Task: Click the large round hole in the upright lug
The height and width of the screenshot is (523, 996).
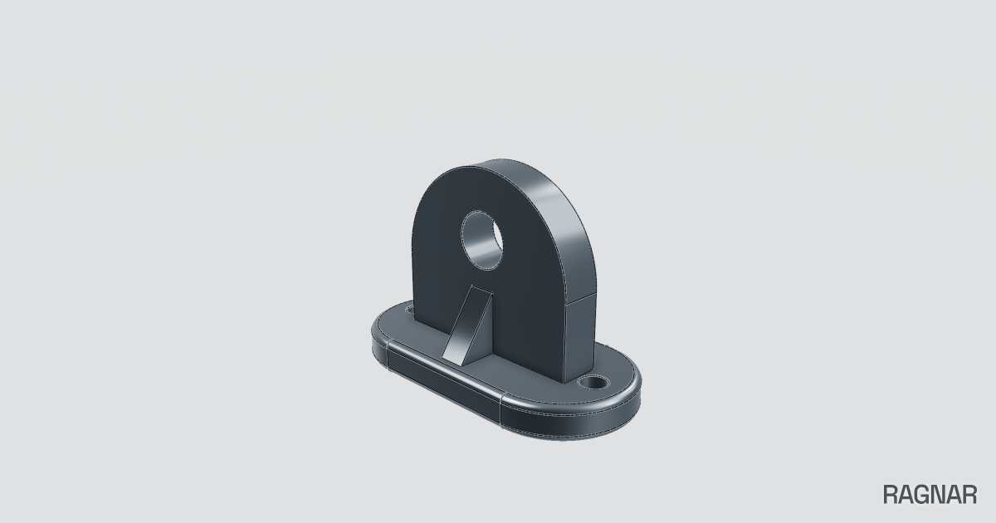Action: click(482, 240)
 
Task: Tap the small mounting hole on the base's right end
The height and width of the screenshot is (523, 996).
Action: click(593, 382)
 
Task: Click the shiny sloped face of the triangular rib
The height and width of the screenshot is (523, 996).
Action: click(466, 325)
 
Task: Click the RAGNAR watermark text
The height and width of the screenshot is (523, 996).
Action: click(930, 495)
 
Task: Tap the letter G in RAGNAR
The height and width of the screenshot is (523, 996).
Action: click(922, 495)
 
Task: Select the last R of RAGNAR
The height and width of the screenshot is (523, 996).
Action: click(969, 495)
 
